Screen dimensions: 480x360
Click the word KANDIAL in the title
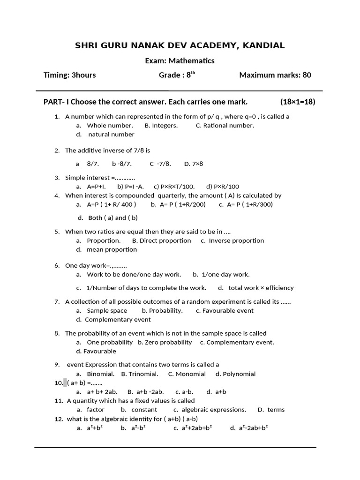click(x=263, y=45)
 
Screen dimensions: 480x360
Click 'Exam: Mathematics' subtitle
click(x=180, y=60)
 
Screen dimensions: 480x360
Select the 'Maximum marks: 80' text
click(x=275, y=75)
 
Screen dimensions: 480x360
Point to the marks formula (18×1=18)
click(x=298, y=102)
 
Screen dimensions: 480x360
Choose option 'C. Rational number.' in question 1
click(x=225, y=125)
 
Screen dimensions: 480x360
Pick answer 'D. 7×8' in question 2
click(x=194, y=164)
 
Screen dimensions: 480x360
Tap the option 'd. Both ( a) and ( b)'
click(x=107, y=217)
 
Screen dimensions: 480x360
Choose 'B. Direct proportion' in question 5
click(x=161, y=240)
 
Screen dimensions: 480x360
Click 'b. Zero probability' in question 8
click(x=165, y=342)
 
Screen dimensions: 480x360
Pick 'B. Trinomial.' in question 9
click(x=139, y=374)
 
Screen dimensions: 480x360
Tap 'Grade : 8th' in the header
click(x=177, y=75)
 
